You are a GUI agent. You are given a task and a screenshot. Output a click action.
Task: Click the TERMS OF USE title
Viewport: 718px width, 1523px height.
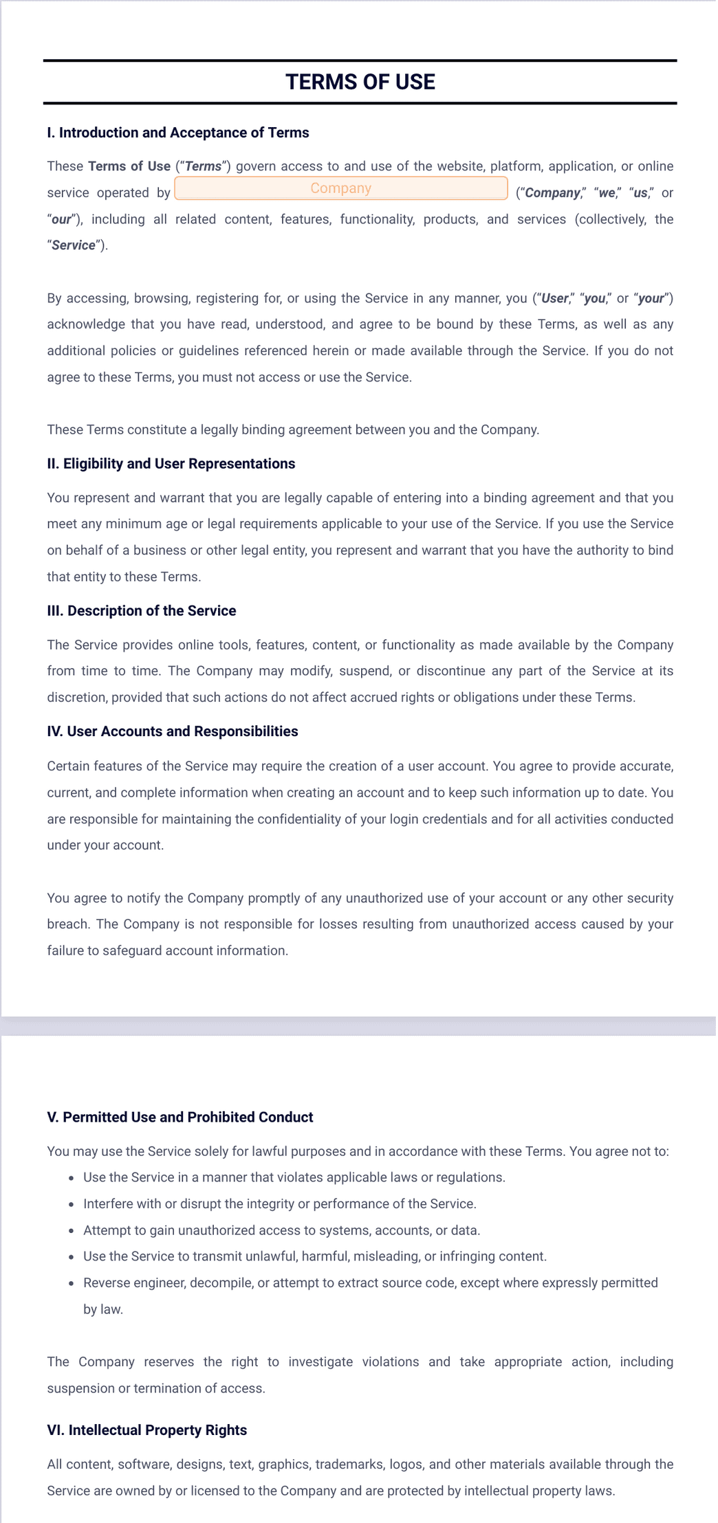pos(360,82)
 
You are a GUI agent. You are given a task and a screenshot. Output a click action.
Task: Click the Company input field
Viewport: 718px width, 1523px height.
pos(340,188)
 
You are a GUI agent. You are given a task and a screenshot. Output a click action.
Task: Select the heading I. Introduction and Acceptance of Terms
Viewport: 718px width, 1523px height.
pos(177,133)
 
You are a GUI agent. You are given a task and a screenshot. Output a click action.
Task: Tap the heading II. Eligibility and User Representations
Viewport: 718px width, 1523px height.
pos(171,464)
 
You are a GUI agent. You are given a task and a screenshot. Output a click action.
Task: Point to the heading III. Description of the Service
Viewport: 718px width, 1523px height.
pos(141,611)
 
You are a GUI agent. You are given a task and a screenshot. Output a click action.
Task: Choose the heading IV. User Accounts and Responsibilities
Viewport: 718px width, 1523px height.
pos(172,731)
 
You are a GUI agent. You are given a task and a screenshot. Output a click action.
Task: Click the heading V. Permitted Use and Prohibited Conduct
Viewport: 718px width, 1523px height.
pos(179,1118)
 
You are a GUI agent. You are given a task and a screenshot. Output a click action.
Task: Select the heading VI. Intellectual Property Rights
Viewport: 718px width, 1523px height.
pos(146,1430)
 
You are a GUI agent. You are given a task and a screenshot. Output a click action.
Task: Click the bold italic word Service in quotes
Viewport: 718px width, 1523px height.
pos(74,245)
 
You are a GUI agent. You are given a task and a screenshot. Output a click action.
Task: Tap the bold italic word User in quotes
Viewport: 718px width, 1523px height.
pos(555,298)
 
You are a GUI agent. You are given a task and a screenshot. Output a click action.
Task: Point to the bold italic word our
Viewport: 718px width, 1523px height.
pos(61,219)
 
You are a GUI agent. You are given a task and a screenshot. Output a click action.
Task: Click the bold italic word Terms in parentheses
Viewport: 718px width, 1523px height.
pos(204,166)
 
